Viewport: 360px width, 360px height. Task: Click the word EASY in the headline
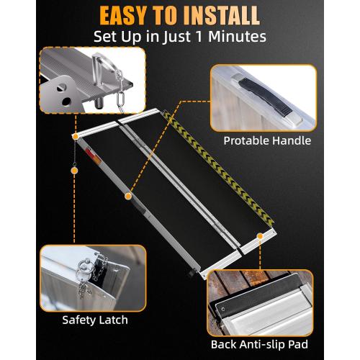tap(127, 15)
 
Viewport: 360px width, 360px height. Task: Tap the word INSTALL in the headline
tap(238, 15)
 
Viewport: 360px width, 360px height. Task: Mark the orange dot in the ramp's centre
tap(127, 195)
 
